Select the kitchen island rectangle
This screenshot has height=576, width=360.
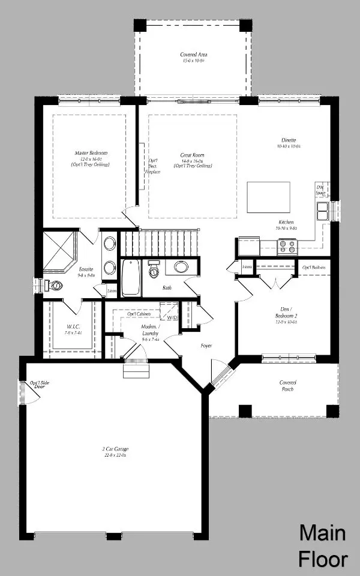pos(268,197)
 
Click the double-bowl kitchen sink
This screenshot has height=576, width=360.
pos(323,211)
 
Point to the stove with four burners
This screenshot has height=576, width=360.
pos(287,247)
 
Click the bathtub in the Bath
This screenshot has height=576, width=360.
pos(131,277)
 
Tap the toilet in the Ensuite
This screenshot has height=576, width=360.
pos(55,286)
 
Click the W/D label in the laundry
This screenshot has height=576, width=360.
pos(172,317)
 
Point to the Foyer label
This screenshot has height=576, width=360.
pos(206,346)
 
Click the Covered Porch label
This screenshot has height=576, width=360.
pos(287,386)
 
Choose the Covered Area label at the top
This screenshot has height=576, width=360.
pos(194,58)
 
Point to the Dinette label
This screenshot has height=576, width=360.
pos(287,142)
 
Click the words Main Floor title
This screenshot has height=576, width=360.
pos(323,545)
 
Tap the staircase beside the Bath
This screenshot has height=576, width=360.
pos(159,243)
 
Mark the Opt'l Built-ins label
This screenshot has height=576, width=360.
pos(314,267)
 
